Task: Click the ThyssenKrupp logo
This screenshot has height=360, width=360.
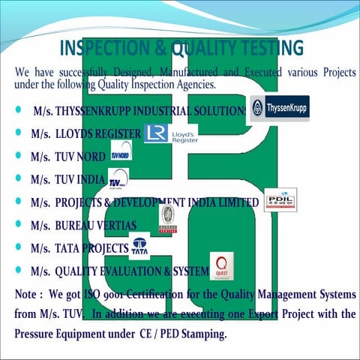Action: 279,108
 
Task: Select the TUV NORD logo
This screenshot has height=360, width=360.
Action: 120,155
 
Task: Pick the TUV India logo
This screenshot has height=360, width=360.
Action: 118,180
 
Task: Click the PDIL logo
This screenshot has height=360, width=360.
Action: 280,200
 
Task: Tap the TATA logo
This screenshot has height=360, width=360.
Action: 139,247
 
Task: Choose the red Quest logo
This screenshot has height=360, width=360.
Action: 222,267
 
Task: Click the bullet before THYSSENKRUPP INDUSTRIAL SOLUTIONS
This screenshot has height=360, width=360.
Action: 17,111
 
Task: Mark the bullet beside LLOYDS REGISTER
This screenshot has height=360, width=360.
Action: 17,133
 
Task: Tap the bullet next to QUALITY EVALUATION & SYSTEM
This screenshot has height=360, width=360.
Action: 17,268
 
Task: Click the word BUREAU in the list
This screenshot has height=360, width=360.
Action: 79,224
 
